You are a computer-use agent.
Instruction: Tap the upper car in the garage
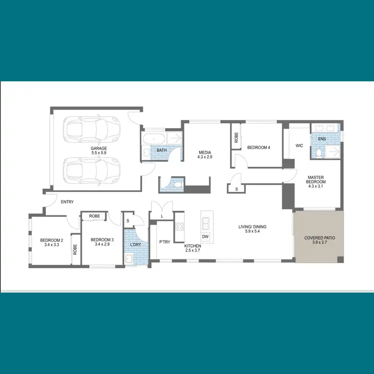point(92,129)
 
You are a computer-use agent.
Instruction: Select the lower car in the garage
point(92,170)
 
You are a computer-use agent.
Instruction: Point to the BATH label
point(162,150)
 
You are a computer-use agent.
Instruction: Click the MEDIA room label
point(205,153)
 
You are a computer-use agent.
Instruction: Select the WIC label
point(299,146)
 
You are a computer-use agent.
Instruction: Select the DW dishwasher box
point(205,236)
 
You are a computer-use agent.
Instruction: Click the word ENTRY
point(67,202)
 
